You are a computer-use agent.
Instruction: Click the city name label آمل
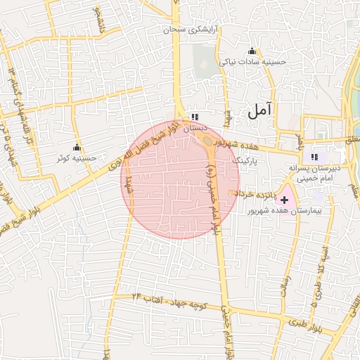click(x=259, y=110)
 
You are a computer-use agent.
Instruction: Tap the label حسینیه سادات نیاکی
click(x=252, y=62)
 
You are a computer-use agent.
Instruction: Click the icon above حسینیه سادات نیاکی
click(x=252, y=51)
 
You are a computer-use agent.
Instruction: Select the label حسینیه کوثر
click(x=77, y=158)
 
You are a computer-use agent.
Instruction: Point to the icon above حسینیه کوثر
click(x=77, y=148)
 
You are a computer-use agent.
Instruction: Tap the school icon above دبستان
click(x=195, y=117)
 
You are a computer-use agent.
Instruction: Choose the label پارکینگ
click(x=245, y=161)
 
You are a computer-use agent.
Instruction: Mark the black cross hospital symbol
click(x=284, y=200)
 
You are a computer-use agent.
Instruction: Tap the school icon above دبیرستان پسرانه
click(x=314, y=157)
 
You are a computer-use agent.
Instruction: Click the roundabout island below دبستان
click(x=209, y=142)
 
